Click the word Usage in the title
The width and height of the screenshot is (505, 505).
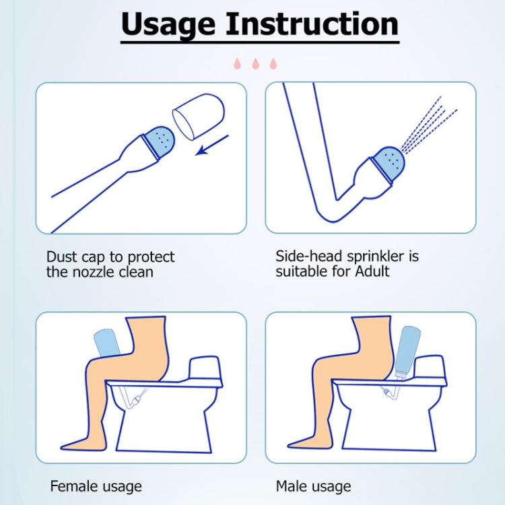click(168, 25)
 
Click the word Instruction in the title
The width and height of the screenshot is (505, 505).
click(312, 24)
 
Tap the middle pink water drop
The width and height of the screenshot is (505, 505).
click(255, 63)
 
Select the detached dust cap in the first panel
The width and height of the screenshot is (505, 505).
click(199, 116)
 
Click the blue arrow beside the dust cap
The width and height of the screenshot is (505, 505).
click(212, 145)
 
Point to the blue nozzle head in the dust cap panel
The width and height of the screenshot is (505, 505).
click(160, 141)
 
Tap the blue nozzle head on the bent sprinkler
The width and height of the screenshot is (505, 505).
click(388, 164)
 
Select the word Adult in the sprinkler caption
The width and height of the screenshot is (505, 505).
click(372, 271)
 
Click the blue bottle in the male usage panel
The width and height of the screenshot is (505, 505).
click(407, 350)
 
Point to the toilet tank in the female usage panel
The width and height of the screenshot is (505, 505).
click(205, 369)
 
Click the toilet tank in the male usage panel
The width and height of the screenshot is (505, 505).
click(430, 368)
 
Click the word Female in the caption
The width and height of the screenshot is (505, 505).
click(71, 486)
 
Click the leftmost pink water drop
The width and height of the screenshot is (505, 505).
click(238, 63)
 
